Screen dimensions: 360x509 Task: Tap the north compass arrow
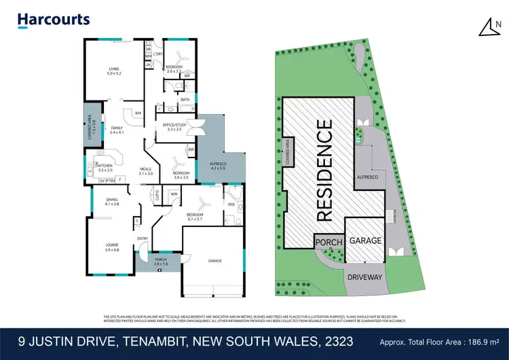click(x=488, y=26)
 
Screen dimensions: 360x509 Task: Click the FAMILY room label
click(x=117, y=130)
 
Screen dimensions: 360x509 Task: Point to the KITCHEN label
click(x=105, y=167)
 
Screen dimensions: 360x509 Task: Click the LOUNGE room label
click(x=112, y=248)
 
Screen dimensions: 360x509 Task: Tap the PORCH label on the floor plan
click(x=160, y=261)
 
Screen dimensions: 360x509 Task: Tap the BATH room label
click(x=185, y=100)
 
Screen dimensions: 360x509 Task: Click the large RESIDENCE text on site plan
click(x=325, y=170)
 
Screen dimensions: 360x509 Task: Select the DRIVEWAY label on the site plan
click(x=366, y=278)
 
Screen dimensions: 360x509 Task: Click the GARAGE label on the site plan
click(x=365, y=241)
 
